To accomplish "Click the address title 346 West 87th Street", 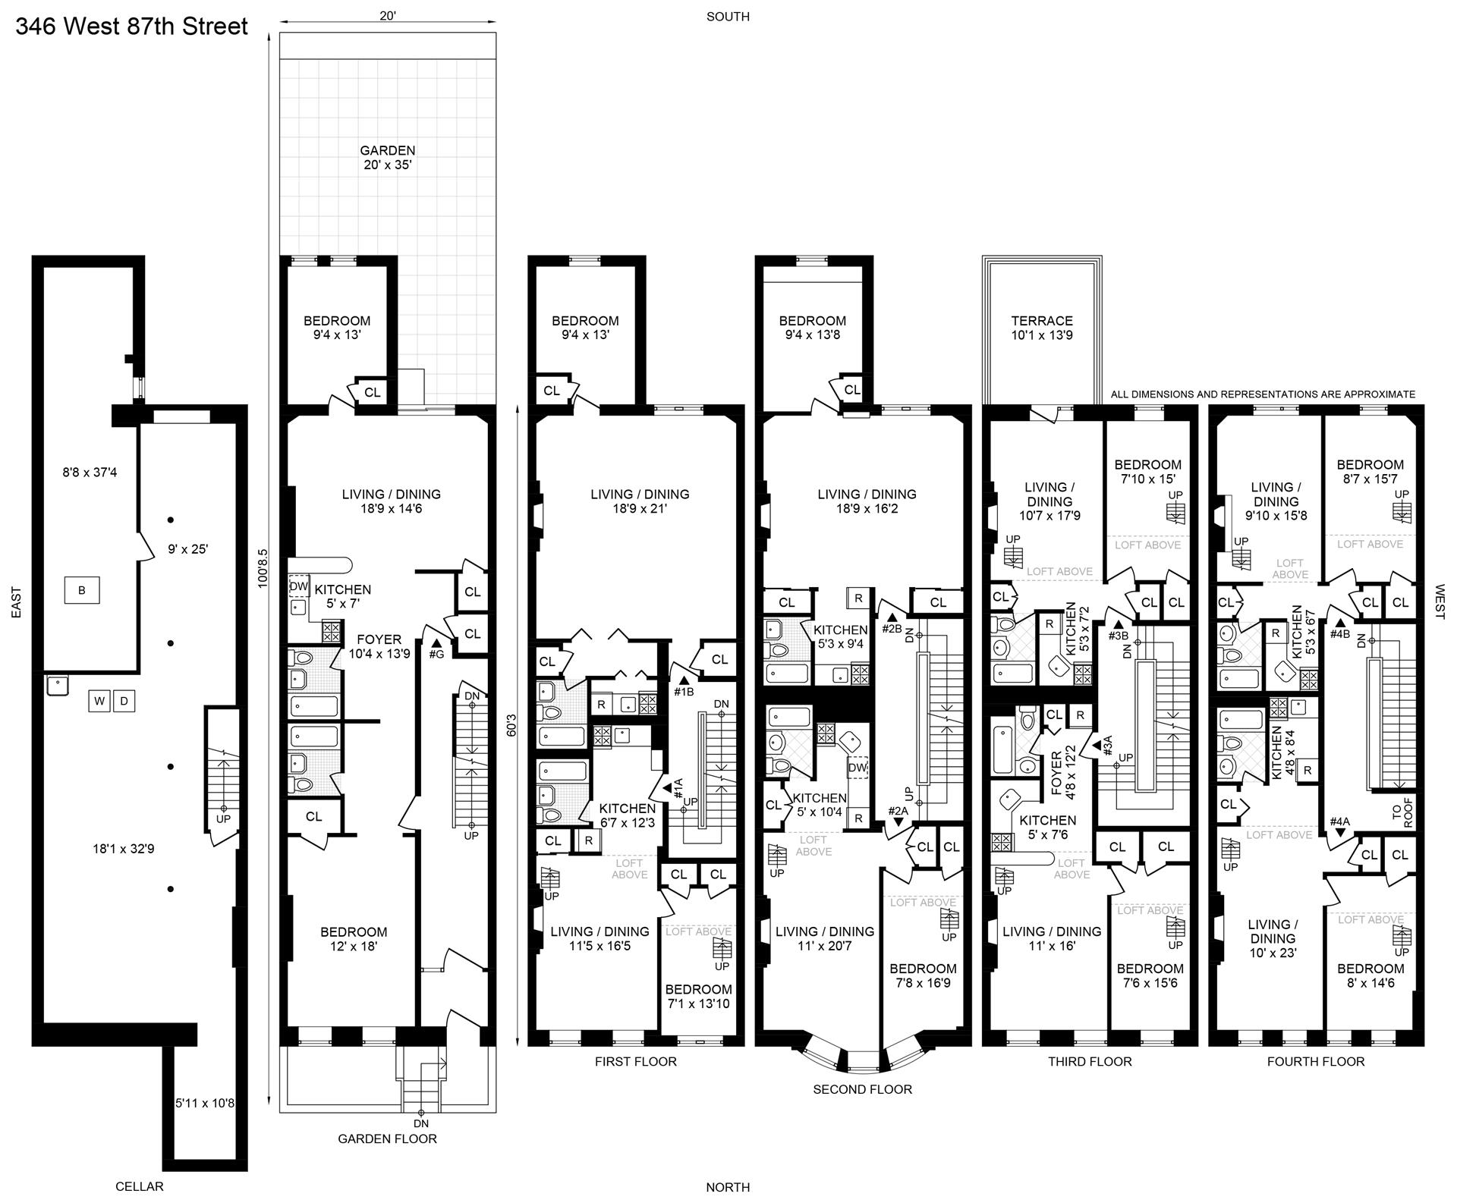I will tap(131, 27).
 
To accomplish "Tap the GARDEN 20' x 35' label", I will tap(387, 158).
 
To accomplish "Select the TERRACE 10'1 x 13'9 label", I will tap(1042, 328).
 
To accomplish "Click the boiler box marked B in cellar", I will tap(81, 590).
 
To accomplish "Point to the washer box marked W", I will tap(99, 701).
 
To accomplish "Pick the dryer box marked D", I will tap(124, 701).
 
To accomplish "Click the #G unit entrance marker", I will tap(436, 648).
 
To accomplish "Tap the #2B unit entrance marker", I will tap(892, 623).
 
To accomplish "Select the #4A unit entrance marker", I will tap(1339, 826).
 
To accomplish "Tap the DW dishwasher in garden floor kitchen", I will tap(299, 586).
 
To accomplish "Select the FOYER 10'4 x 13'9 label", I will tap(379, 646).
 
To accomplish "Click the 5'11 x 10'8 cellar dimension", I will tap(205, 1103).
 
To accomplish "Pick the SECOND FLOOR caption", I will tap(862, 1089).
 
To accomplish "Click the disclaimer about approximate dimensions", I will tap(1263, 394).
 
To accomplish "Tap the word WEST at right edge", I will tap(1440, 601).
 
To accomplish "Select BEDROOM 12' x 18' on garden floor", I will tap(354, 939).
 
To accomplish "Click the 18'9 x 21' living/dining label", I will tap(640, 501).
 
